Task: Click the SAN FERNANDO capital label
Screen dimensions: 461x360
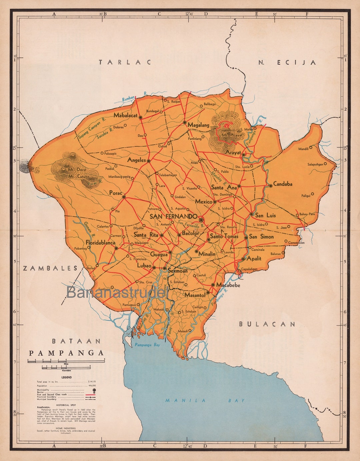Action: click(173, 216)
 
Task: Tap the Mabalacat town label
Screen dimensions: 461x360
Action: click(125, 116)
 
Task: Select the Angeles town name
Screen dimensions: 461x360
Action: click(136, 160)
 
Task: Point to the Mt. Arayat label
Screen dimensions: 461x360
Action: click(233, 135)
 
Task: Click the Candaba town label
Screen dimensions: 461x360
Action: click(283, 184)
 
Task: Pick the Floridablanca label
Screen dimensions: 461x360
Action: click(100, 242)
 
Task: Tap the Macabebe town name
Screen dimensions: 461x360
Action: click(228, 285)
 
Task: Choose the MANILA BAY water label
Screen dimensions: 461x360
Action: click(205, 400)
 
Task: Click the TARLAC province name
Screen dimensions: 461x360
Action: click(125, 62)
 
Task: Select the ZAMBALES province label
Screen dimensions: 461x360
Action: click(50, 268)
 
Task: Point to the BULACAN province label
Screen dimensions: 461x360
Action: click(267, 324)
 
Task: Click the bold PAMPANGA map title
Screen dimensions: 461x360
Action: click(66, 353)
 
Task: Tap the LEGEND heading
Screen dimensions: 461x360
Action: click(66, 377)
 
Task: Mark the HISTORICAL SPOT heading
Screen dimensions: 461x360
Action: click(66, 405)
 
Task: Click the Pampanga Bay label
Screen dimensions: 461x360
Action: click(147, 345)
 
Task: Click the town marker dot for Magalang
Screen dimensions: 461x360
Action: click(185, 122)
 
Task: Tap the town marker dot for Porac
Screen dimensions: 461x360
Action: click(124, 197)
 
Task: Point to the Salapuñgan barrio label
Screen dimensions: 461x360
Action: click(315, 164)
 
